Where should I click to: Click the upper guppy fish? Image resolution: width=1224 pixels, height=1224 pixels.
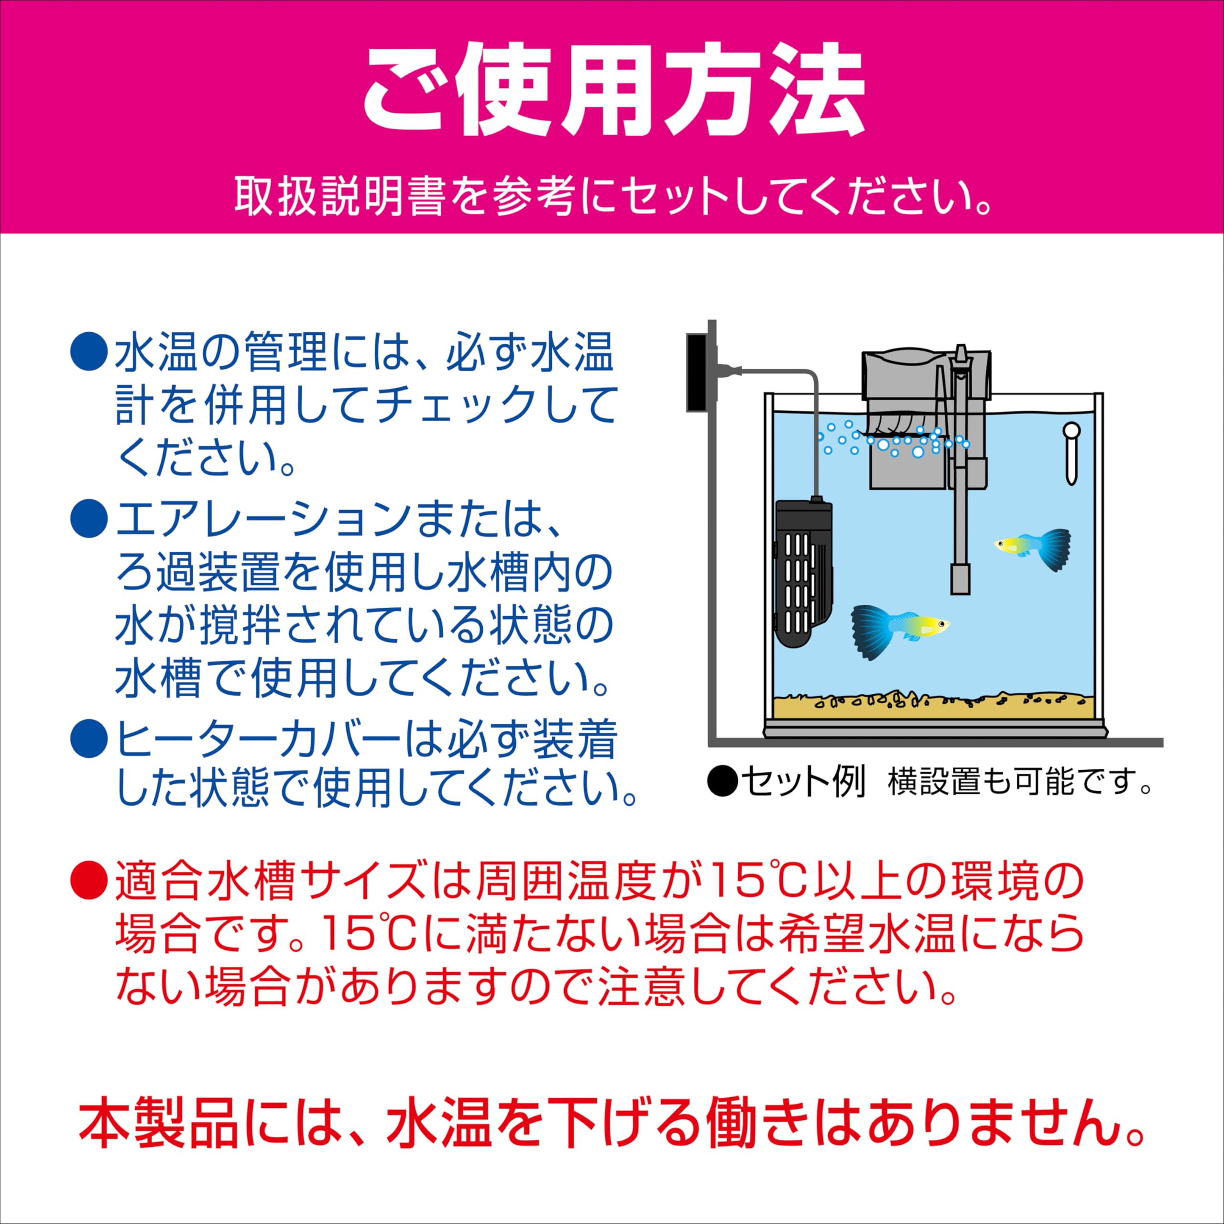(1033, 548)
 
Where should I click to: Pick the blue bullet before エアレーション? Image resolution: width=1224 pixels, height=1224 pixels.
(89, 519)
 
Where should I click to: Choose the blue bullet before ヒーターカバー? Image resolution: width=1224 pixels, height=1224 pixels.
(89, 739)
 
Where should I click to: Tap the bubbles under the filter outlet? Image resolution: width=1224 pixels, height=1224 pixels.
(893, 440)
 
